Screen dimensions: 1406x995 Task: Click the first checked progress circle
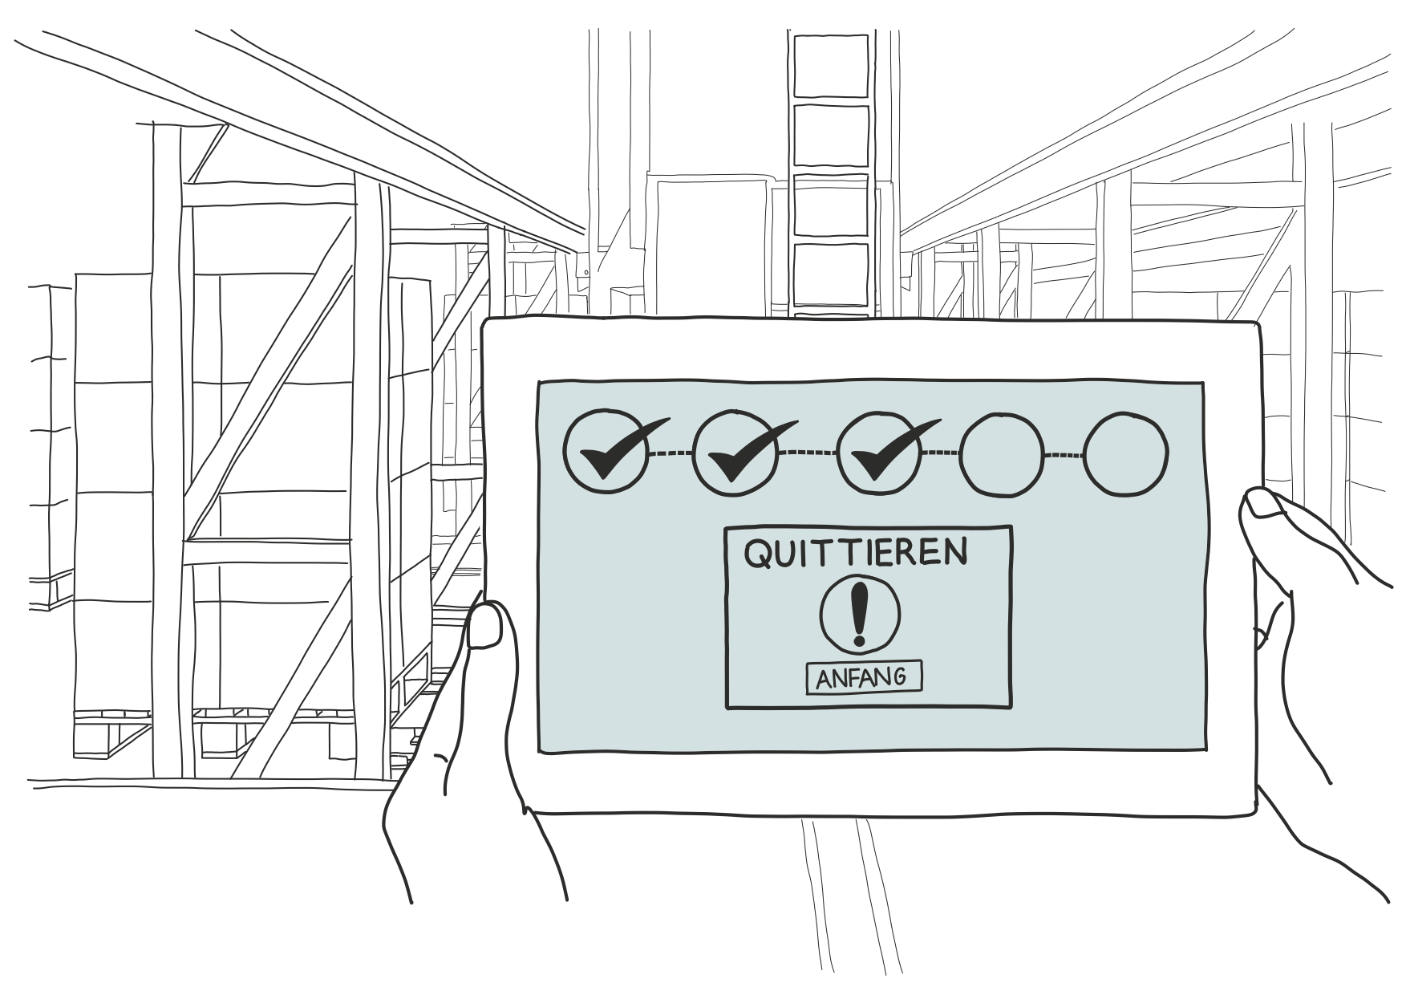[x=605, y=451]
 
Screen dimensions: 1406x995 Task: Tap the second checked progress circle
[x=733, y=451]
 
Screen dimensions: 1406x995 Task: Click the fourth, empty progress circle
[x=1003, y=453]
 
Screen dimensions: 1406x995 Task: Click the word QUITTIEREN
[x=856, y=553]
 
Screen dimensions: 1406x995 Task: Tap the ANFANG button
[x=863, y=677]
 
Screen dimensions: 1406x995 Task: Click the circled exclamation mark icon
[x=860, y=614]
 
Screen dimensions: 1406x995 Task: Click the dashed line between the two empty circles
[x=1064, y=456]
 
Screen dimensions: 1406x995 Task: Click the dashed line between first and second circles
[x=669, y=454]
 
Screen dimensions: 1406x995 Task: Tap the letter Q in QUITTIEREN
[x=760, y=554]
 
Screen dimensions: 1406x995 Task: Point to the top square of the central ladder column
[x=830, y=63]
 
